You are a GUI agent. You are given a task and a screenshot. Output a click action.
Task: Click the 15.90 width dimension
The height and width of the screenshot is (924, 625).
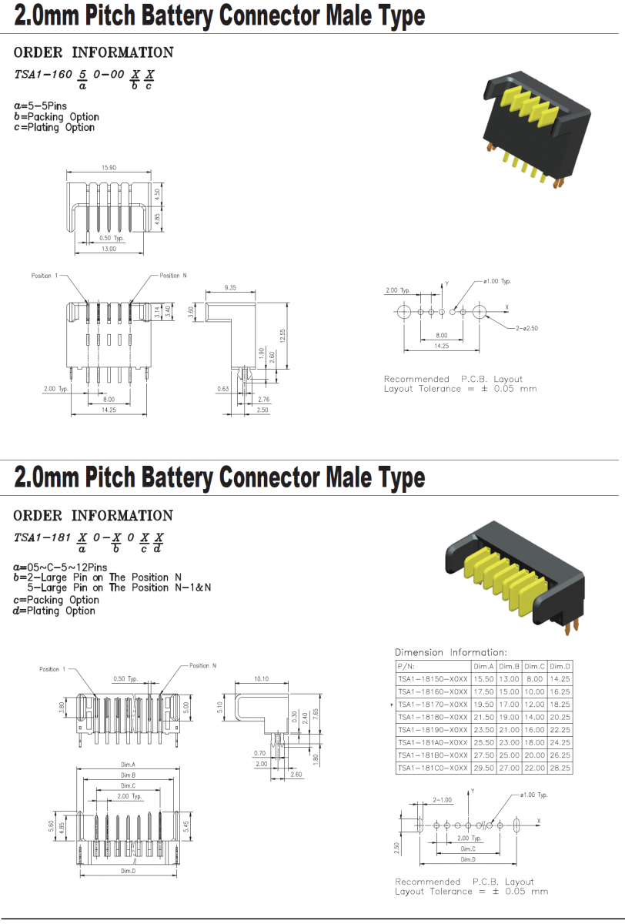108,168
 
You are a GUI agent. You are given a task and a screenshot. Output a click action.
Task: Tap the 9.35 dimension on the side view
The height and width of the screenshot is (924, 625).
229,287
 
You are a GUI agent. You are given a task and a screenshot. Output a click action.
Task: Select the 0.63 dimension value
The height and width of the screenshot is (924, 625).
224,389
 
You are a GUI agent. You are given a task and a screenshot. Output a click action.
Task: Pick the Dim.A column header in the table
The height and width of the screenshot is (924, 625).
483,666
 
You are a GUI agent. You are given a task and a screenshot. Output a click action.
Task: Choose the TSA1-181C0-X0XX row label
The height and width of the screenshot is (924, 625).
433,768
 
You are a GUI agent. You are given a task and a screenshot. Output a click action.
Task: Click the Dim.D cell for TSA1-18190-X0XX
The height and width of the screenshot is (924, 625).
560,729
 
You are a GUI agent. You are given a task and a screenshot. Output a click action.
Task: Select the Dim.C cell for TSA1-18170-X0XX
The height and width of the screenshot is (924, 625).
534,705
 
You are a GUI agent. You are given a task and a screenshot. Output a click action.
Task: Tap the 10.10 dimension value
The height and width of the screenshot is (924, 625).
261,678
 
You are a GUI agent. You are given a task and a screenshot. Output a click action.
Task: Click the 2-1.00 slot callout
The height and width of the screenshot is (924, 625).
442,799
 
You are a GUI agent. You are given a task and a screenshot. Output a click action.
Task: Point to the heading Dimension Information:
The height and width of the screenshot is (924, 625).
451,652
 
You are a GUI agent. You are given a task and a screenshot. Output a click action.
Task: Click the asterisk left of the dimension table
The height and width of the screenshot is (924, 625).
392,705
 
